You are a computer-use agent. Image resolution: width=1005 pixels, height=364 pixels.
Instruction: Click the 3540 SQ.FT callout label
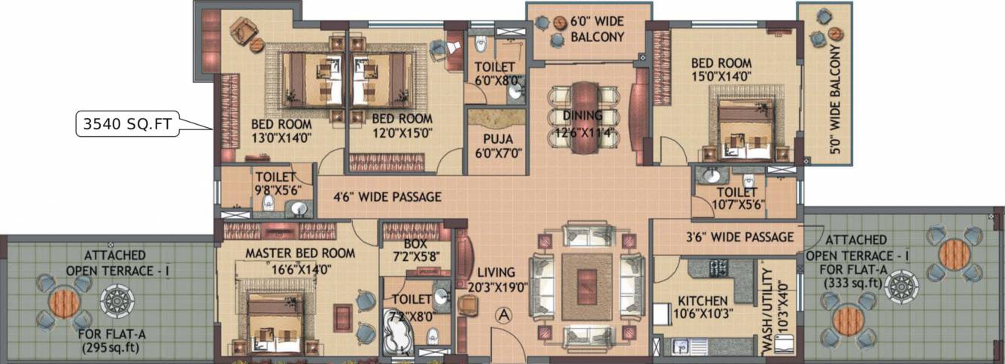tap(128, 124)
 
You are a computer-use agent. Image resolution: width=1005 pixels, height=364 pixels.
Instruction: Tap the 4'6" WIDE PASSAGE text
tap(387, 197)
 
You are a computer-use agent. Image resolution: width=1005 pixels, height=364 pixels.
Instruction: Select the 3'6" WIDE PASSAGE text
tap(740, 237)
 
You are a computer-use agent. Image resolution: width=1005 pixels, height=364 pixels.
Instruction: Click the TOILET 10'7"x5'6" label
tap(726, 198)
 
